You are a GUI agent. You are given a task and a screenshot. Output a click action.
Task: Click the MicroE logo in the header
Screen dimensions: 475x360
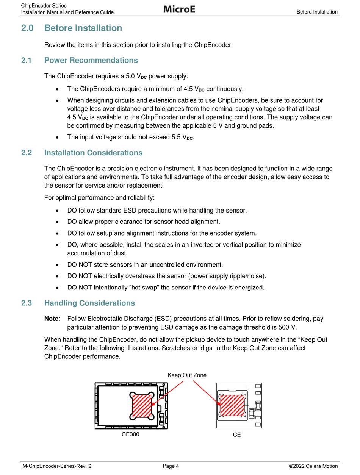tap(179, 9)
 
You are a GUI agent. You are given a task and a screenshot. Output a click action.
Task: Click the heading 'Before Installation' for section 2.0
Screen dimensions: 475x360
tap(83, 28)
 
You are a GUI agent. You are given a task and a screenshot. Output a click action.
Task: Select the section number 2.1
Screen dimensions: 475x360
tap(26, 60)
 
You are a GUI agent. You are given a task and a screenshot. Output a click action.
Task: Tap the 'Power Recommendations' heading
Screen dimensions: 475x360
tap(91, 60)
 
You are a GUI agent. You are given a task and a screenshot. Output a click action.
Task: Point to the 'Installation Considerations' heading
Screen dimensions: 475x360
tap(93, 153)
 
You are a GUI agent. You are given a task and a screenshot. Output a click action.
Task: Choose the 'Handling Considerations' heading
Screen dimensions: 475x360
tap(89, 303)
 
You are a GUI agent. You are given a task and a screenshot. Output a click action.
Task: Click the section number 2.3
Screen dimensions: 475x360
tap(26, 303)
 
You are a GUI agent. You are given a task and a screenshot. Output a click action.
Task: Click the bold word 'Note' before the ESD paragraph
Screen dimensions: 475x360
tap(51, 319)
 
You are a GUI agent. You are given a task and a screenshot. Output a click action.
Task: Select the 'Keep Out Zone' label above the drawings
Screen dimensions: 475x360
tap(187, 375)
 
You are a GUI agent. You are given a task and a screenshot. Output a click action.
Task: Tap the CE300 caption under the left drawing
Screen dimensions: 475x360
tap(130, 434)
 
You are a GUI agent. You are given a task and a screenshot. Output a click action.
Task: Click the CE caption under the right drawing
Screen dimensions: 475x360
tap(237, 435)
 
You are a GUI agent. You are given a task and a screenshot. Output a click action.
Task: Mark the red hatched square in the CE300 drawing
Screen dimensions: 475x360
tap(142, 405)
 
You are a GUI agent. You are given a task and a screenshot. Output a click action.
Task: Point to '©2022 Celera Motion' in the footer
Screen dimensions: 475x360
tap(313, 466)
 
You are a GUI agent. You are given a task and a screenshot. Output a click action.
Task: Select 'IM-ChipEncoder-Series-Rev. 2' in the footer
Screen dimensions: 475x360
tap(56, 466)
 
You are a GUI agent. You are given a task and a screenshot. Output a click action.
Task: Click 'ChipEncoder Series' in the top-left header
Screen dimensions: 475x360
tap(44, 6)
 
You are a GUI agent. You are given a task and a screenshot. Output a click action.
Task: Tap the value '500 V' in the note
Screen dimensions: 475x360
tap(288, 328)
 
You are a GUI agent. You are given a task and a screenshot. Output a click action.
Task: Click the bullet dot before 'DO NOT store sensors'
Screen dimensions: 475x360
tap(57, 265)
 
